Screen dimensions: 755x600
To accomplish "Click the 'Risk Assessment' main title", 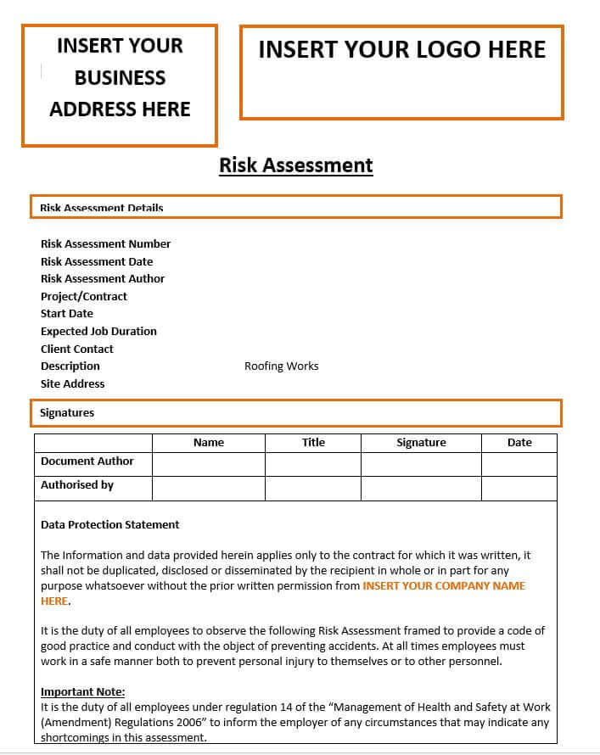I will [x=295, y=165].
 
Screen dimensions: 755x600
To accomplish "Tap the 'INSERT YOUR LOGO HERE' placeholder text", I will [x=401, y=50].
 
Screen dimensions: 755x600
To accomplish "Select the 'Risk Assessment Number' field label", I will [x=105, y=244].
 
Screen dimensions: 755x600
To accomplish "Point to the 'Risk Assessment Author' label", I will [x=103, y=279].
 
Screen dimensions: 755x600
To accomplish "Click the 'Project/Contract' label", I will [x=84, y=297].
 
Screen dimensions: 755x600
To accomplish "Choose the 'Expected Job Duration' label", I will [x=98, y=332].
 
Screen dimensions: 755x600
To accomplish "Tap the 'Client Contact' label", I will [x=76, y=350].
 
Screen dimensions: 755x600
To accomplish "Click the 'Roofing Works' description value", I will [x=281, y=366].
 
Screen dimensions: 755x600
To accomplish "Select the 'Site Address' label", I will [x=72, y=384].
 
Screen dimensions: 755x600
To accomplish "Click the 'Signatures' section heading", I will [x=67, y=413].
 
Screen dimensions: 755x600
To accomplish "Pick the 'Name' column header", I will [x=208, y=443].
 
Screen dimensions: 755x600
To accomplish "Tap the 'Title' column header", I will [x=313, y=443].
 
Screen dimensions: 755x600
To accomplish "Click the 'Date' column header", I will [x=519, y=443].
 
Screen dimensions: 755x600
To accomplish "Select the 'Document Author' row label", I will [x=87, y=461].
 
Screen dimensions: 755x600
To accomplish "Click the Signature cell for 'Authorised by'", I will [x=421, y=489].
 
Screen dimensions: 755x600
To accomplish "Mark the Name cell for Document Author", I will [x=208, y=464].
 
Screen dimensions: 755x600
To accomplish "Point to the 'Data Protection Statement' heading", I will [x=110, y=525].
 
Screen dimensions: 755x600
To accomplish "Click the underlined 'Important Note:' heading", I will [x=82, y=692].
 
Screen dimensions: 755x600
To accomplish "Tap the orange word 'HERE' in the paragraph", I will [x=54, y=601].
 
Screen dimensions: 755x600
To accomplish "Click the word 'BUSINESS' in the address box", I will [x=120, y=78].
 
